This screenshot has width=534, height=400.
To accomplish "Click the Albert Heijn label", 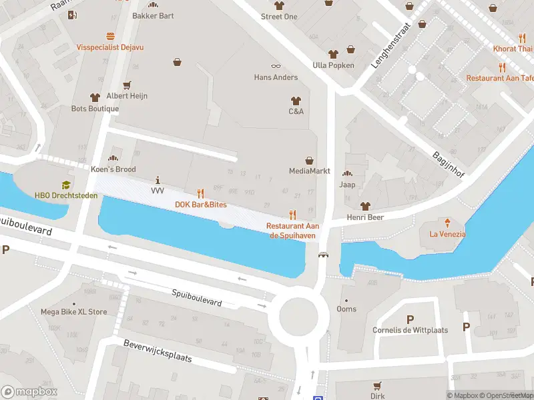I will click(x=126, y=96).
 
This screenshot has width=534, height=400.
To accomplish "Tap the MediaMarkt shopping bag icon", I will click(x=310, y=160).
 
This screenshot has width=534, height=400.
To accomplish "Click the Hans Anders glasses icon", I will click(x=276, y=65).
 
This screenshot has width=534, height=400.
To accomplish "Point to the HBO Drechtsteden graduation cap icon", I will click(x=66, y=185).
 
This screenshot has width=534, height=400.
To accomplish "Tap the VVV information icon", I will click(x=158, y=180).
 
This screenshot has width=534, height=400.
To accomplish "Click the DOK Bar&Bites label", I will click(x=200, y=205).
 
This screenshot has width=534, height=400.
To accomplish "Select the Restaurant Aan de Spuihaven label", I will click(x=292, y=230).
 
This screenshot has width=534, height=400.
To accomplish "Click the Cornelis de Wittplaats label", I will click(x=410, y=329).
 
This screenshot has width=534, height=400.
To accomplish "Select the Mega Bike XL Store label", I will click(x=73, y=311).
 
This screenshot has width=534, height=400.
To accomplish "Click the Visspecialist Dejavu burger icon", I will click(x=110, y=36).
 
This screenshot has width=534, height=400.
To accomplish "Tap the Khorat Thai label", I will click(x=513, y=49).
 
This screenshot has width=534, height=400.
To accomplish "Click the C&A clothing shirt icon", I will click(x=296, y=99).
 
